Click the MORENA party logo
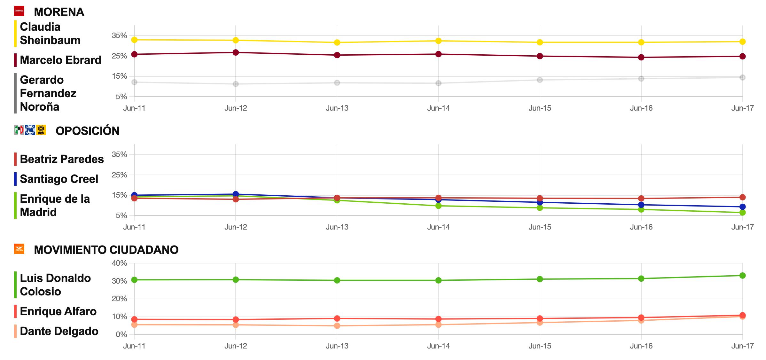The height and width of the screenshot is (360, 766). coord(19,11)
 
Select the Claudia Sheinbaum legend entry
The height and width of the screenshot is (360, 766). coord(50,34)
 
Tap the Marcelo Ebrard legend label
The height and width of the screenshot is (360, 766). coord(60,60)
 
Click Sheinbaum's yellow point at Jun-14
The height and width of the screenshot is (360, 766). coord(438,41)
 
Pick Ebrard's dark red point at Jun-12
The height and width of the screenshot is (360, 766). coord(236,52)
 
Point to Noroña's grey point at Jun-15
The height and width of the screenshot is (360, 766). coord(540,80)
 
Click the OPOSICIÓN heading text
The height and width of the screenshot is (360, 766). coord(87,131)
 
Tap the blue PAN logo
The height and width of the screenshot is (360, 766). coord(30,130)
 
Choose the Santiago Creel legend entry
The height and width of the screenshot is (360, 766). coord(59,179)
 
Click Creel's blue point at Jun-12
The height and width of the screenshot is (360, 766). coord(236,194)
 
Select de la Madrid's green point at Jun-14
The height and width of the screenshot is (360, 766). coord(438,206)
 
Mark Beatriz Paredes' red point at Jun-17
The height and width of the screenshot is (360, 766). coord(742,197)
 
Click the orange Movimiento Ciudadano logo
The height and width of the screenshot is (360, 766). coord(19,249)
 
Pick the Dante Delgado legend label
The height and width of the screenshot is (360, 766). coord(59,331)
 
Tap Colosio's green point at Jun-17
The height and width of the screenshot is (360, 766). coord(742,276)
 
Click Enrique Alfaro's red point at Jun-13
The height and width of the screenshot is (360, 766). coord(337,318)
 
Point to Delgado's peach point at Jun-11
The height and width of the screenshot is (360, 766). coord(134,325)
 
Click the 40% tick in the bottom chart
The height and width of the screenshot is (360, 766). coord(119,263)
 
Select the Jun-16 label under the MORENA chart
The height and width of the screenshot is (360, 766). coord(641,108)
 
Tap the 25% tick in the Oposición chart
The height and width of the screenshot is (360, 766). coord(119,175)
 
